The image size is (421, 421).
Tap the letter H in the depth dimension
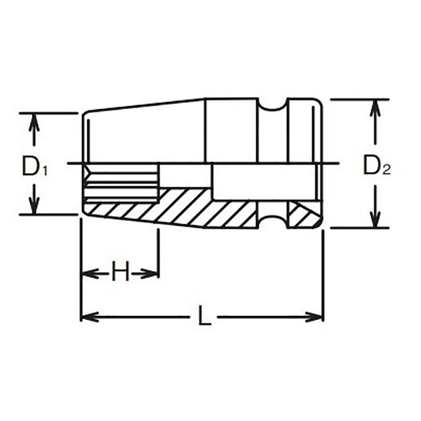point(121,273)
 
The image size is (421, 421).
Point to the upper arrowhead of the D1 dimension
point(35,120)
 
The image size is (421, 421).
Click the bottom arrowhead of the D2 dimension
point(375,221)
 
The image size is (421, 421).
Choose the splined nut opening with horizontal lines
point(121,182)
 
